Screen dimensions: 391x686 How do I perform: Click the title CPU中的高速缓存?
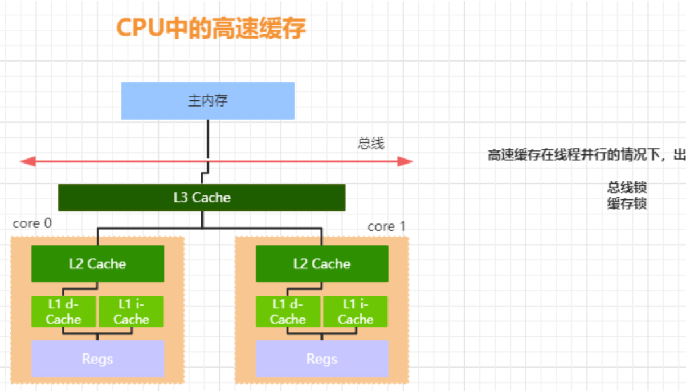(211, 27)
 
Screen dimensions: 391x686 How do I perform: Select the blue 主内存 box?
(208, 100)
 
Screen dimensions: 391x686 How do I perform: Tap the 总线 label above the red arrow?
(371, 144)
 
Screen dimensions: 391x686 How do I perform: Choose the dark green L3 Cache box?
(202, 198)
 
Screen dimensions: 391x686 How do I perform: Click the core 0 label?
(32, 223)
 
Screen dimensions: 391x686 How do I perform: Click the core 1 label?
(386, 226)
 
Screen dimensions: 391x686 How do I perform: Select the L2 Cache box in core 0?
(97, 264)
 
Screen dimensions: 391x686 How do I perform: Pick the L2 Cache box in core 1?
(322, 264)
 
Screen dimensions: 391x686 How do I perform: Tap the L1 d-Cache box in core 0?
(64, 312)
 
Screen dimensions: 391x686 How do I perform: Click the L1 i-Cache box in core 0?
(131, 312)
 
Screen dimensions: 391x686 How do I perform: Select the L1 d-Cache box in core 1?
(288, 312)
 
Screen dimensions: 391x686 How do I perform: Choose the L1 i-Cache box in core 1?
(356, 312)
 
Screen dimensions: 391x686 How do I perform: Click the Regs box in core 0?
(97, 359)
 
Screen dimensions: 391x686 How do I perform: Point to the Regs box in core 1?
(322, 359)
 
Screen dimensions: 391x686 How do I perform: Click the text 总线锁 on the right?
(627, 188)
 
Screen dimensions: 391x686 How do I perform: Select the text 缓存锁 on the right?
(627, 203)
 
